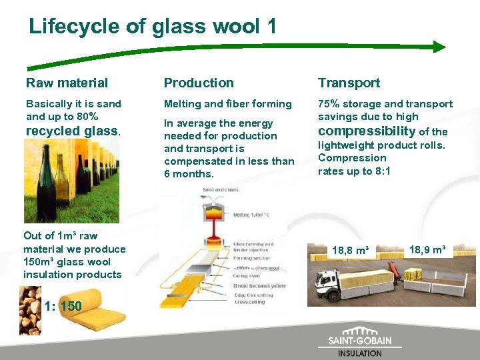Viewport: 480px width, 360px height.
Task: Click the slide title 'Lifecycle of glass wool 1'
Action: (152, 27)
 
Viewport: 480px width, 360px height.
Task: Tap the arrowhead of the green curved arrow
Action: (439, 47)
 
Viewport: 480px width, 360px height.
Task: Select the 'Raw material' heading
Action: (67, 83)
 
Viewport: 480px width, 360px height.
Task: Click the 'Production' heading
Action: (199, 83)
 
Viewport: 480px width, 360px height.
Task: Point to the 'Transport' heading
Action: (349, 83)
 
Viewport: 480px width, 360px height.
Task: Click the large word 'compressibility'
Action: (366, 131)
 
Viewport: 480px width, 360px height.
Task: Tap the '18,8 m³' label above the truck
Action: (351, 250)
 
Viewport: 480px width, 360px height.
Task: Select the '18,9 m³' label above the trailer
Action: (427, 249)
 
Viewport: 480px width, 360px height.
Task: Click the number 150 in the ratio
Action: (71, 307)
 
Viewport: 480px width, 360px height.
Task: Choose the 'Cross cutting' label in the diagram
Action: (251, 302)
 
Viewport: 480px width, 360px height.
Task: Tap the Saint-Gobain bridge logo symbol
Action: (360, 331)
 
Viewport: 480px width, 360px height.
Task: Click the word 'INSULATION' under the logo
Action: (360, 353)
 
